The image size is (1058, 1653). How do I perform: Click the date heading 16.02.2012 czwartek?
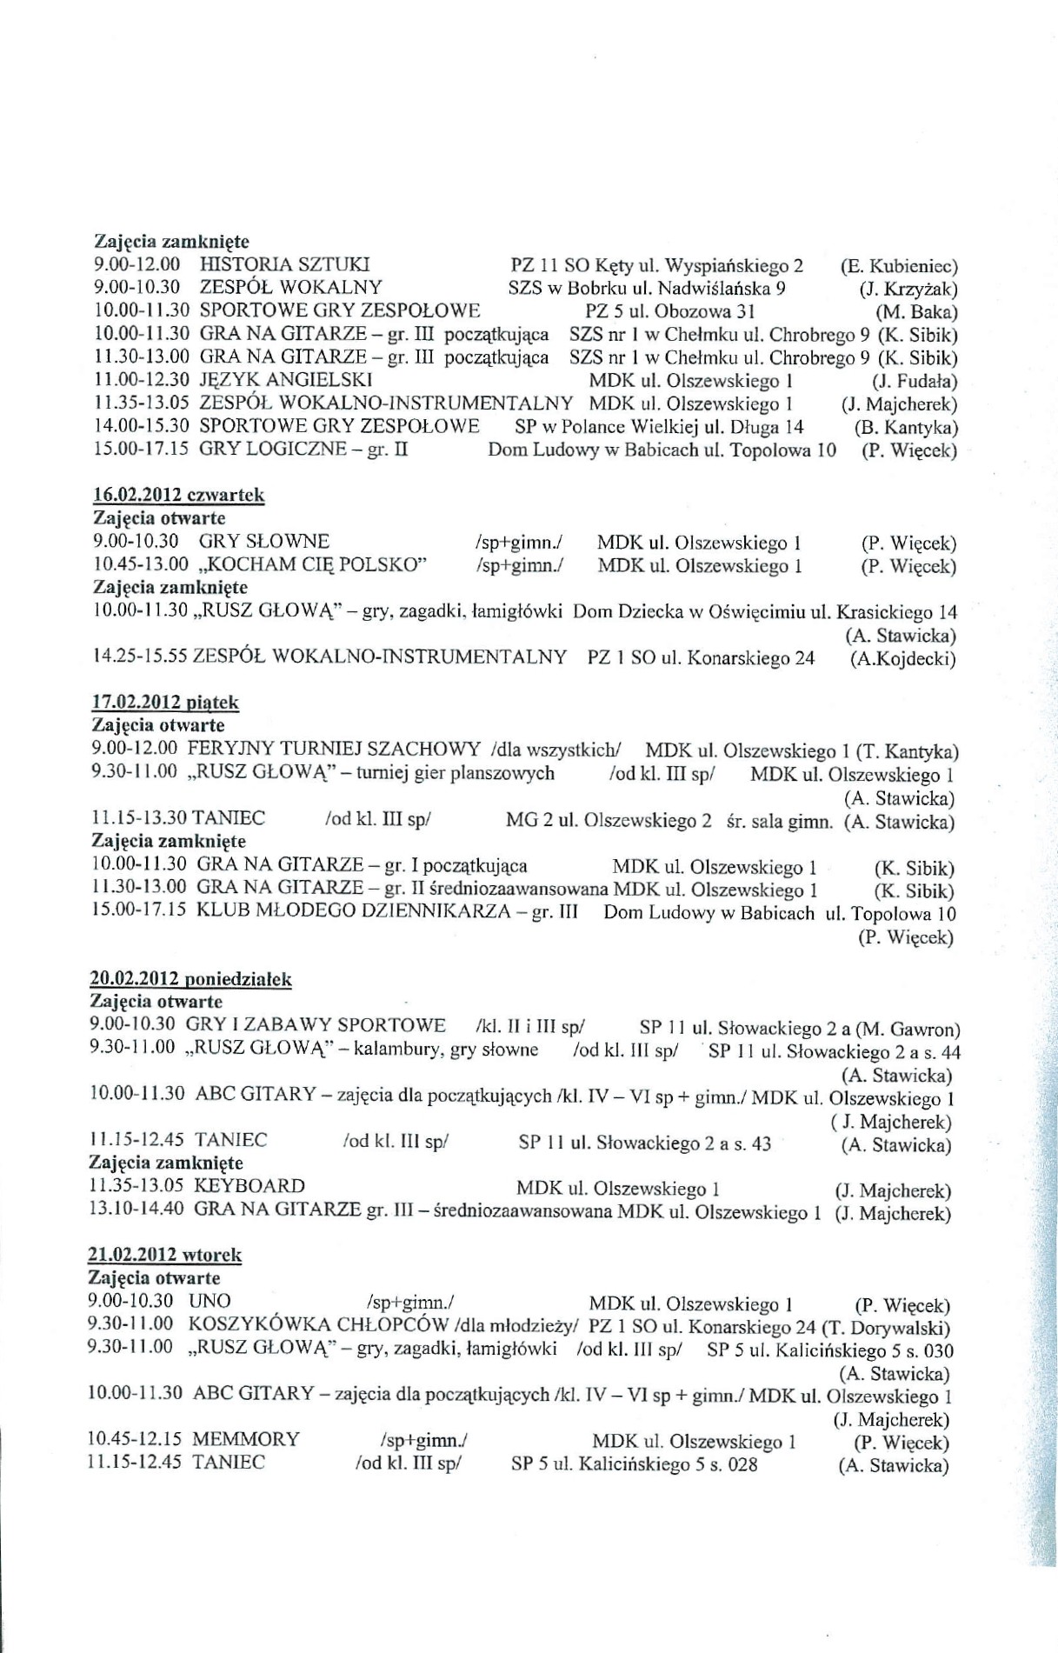point(178,495)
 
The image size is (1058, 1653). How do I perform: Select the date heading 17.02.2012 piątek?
point(165,702)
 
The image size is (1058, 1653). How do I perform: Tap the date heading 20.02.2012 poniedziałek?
point(190,979)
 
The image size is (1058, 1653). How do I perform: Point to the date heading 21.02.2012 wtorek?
point(165,1255)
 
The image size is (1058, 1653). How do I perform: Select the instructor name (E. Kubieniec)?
point(899,266)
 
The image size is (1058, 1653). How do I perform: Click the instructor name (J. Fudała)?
point(913,381)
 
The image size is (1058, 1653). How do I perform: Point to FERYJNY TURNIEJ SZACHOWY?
point(334,749)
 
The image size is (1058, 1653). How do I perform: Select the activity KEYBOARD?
point(250,1186)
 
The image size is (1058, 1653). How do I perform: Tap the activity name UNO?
point(210,1302)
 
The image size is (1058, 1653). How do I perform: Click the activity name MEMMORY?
point(246,1439)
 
